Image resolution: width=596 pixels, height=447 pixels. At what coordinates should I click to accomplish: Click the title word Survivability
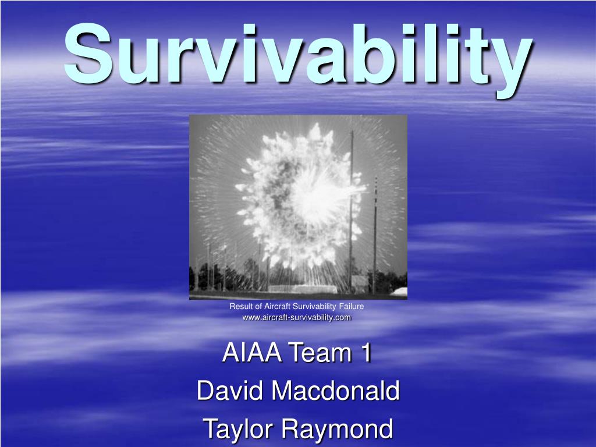point(297,55)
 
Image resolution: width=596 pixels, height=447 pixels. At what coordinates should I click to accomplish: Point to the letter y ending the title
point(508,64)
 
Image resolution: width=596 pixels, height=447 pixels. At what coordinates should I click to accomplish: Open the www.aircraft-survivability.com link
point(297,317)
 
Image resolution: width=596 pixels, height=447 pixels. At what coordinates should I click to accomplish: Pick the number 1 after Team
point(365,353)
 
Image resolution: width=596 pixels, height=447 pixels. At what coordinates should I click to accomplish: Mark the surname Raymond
point(338,429)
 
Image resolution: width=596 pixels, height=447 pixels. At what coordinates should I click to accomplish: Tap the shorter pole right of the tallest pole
point(375,233)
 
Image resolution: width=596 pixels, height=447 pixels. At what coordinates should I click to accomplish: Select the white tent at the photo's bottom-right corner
point(398,290)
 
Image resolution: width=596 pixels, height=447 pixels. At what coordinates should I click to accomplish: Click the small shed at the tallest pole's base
point(360,283)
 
